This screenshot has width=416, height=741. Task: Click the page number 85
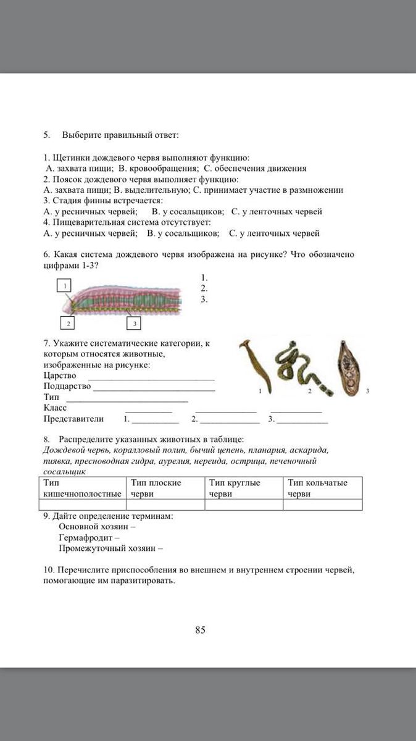200,630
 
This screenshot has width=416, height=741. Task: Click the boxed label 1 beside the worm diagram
64,285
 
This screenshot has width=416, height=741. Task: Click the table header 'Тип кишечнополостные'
82,488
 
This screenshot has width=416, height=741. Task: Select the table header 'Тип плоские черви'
156,488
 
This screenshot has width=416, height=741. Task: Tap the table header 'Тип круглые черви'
235,488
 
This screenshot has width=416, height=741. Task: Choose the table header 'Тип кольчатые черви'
317,488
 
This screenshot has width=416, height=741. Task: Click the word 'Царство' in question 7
60,375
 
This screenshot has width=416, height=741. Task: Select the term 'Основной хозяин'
94,527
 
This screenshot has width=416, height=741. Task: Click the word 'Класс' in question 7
55,408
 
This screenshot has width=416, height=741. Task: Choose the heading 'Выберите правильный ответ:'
120,135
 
